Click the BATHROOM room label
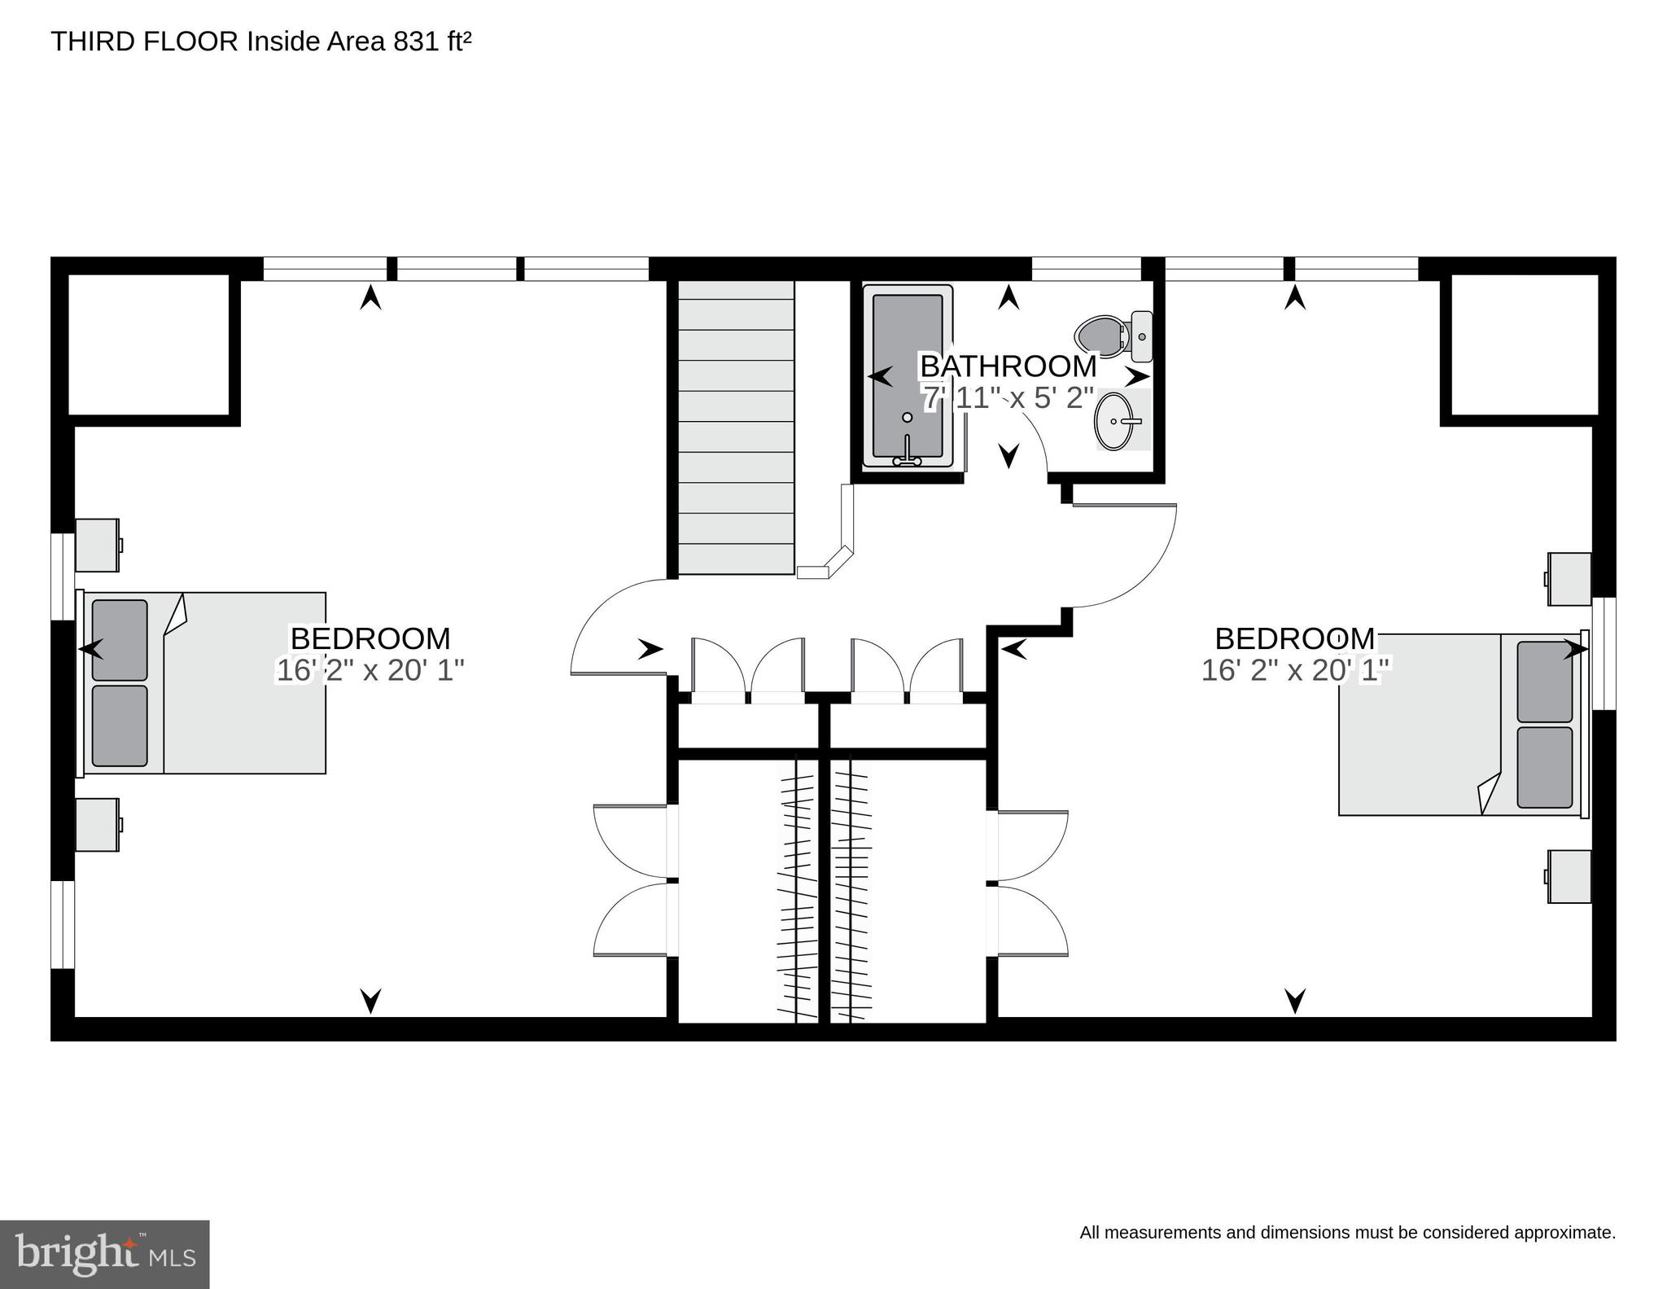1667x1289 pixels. pos(1008,366)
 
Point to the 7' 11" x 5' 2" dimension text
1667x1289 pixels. pos(1008,398)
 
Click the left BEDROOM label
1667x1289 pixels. pos(370,638)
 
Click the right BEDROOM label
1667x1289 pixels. pos(1294,638)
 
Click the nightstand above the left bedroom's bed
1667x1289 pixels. pos(98,545)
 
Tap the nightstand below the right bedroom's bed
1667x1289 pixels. pos(1569,876)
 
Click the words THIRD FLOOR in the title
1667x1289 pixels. pos(144,42)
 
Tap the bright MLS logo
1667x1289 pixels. pos(104,1253)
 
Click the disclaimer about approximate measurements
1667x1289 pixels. pos(1347,1232)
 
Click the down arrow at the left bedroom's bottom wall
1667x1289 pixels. pos(371,1000)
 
